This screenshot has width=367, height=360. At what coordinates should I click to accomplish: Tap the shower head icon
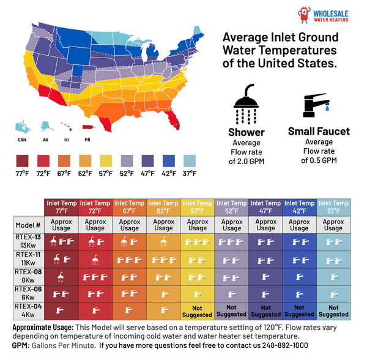246,103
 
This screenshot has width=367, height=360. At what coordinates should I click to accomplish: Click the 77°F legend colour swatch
23,161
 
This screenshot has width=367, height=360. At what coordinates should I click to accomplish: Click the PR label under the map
88,139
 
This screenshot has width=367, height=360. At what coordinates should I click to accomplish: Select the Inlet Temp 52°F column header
231,207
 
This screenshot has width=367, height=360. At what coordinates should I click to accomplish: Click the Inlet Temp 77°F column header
61,207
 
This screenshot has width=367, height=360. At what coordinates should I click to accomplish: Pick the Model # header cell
28,225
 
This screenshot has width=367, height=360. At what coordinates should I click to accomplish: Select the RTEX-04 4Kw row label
28,311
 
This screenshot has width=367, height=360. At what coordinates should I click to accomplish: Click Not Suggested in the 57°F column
197,311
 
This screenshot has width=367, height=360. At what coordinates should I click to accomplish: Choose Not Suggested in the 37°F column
333,311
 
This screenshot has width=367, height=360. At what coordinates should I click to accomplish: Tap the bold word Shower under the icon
246,132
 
